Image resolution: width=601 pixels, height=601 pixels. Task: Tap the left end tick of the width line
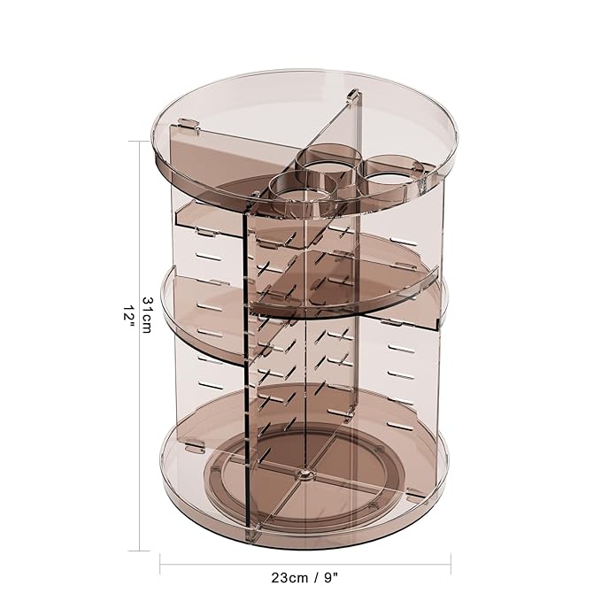159,559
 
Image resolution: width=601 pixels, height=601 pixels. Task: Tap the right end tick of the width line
451,559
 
